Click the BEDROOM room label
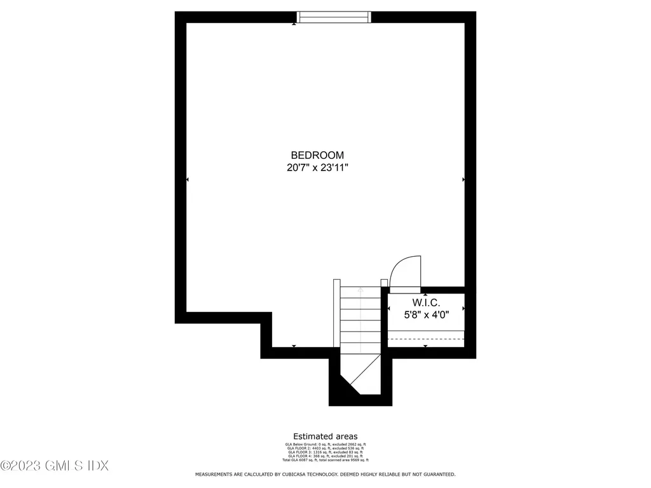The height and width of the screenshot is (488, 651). click(317, 155)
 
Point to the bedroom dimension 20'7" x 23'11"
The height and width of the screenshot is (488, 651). click(317, 168)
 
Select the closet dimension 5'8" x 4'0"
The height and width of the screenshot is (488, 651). click(426, 315)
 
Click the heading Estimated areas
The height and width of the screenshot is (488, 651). click(325, 437)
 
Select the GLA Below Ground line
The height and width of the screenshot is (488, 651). click(325, 444)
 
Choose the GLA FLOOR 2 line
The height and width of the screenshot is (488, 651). click(325, 448)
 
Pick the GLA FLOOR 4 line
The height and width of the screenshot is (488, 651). click(325, 456)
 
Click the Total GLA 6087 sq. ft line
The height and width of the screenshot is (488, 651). click(325, 459)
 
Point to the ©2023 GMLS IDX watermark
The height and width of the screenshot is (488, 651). click(55, 466)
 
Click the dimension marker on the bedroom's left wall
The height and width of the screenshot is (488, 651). click(188, 180)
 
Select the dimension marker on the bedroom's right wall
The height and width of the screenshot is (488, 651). click(463, 180)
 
